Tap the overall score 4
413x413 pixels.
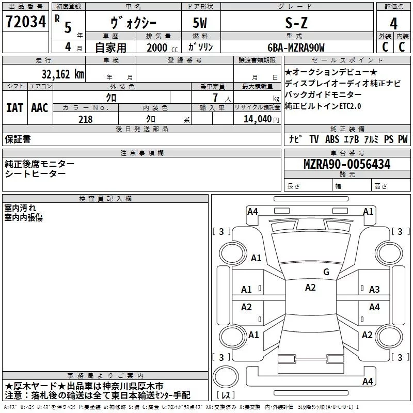coord(393,24)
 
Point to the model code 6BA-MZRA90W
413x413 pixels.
coord(296,47)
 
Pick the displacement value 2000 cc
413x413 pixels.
coord(157,47)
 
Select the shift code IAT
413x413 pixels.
coord(14,108)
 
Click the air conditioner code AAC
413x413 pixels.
coord(39,108)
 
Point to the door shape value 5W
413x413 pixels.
coord(201,23)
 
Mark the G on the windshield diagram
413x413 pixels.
coord(326,272)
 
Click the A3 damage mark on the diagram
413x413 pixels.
coord(374,290)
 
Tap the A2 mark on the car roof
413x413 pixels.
coord(310,288)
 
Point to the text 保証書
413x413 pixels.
coord(18,139)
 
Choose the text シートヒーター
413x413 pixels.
coord(35,173)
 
